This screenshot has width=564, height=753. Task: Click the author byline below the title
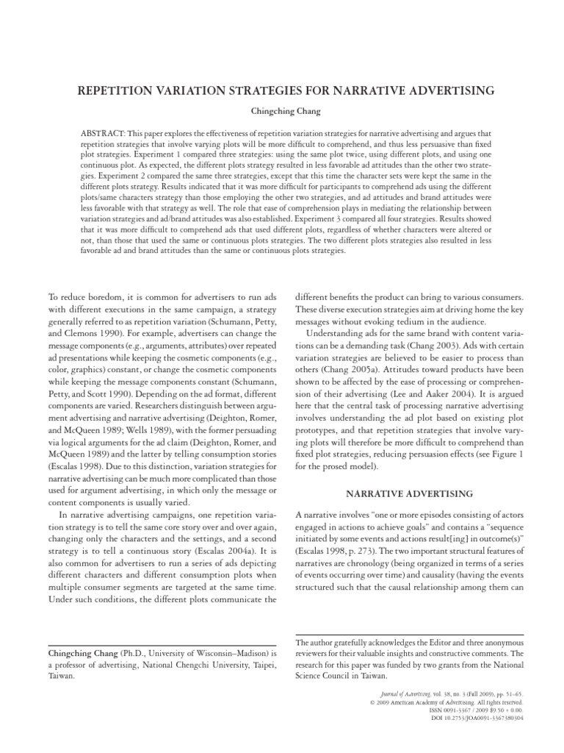point(281,113)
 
